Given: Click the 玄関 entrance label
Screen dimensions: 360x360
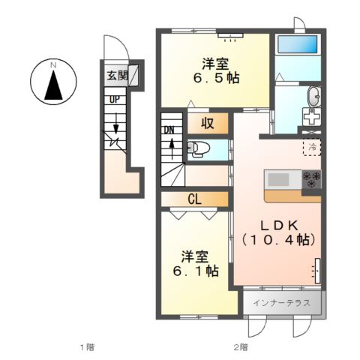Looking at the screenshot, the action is pos(117,76).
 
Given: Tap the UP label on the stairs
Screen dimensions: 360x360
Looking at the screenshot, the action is pos(115,100).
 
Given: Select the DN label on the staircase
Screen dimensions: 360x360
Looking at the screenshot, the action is pos(169,130).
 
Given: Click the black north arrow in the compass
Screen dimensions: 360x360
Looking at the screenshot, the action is pos(54,85).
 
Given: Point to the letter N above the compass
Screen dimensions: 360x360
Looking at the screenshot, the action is pos(53,65).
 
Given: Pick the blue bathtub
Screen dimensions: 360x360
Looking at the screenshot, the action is pos(298,44).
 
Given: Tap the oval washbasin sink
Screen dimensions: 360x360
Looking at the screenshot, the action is pos(314,96).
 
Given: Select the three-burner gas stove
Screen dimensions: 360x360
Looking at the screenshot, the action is pos(311,179).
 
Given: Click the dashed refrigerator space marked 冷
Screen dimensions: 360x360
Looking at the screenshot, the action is pos(312,147).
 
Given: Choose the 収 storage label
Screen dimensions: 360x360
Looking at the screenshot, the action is pos(207,123).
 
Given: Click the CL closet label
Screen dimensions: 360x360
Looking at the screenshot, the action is pos(194,199).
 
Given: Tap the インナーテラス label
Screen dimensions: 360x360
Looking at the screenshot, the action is pos(281,303).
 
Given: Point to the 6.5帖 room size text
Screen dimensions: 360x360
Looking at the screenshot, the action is pos(216,78).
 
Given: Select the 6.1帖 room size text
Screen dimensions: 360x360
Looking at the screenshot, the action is pos(196,271).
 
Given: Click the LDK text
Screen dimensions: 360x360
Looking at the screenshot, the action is pos(280,226).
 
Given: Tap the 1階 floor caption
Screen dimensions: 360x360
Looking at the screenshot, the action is pos(87,347).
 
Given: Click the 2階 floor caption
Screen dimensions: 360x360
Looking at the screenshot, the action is pos(241,347).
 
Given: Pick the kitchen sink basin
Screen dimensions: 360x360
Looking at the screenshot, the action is pos(278,179).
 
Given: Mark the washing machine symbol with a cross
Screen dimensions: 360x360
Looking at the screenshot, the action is pos(311,116).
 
